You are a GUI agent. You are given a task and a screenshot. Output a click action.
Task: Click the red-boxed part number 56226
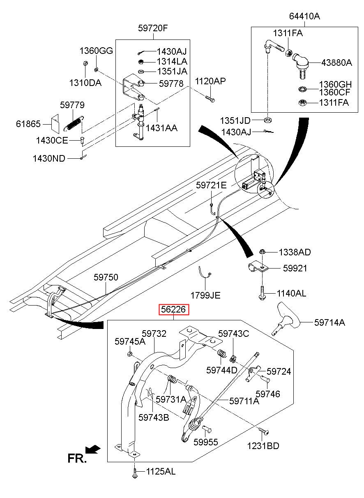pyautogui.click(x=174, y=310)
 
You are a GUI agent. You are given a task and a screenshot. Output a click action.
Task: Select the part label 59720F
pyautogui.click(x=153, y=28)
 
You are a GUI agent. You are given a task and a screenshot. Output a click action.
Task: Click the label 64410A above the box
pyautogui.click(x=304, y=16)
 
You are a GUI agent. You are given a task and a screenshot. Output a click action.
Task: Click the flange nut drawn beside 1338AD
pyautogui.click(x=263, y=252)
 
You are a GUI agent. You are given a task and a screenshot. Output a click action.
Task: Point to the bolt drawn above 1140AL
pyautogui.click(x=262, y=292)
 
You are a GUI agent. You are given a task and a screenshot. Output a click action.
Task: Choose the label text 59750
pyautogui.click(x=106, y=278)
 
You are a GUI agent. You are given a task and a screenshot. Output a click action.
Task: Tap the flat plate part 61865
pyautogui.click(x=55, y=122)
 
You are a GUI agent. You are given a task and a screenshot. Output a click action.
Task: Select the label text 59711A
pyautogui.click(x=244, y=401)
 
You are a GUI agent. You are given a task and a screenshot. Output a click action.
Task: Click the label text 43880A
pyautogui.click(x=336, y=63)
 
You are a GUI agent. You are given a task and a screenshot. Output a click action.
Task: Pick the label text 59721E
pyautogui.click(x=211, y=185)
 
